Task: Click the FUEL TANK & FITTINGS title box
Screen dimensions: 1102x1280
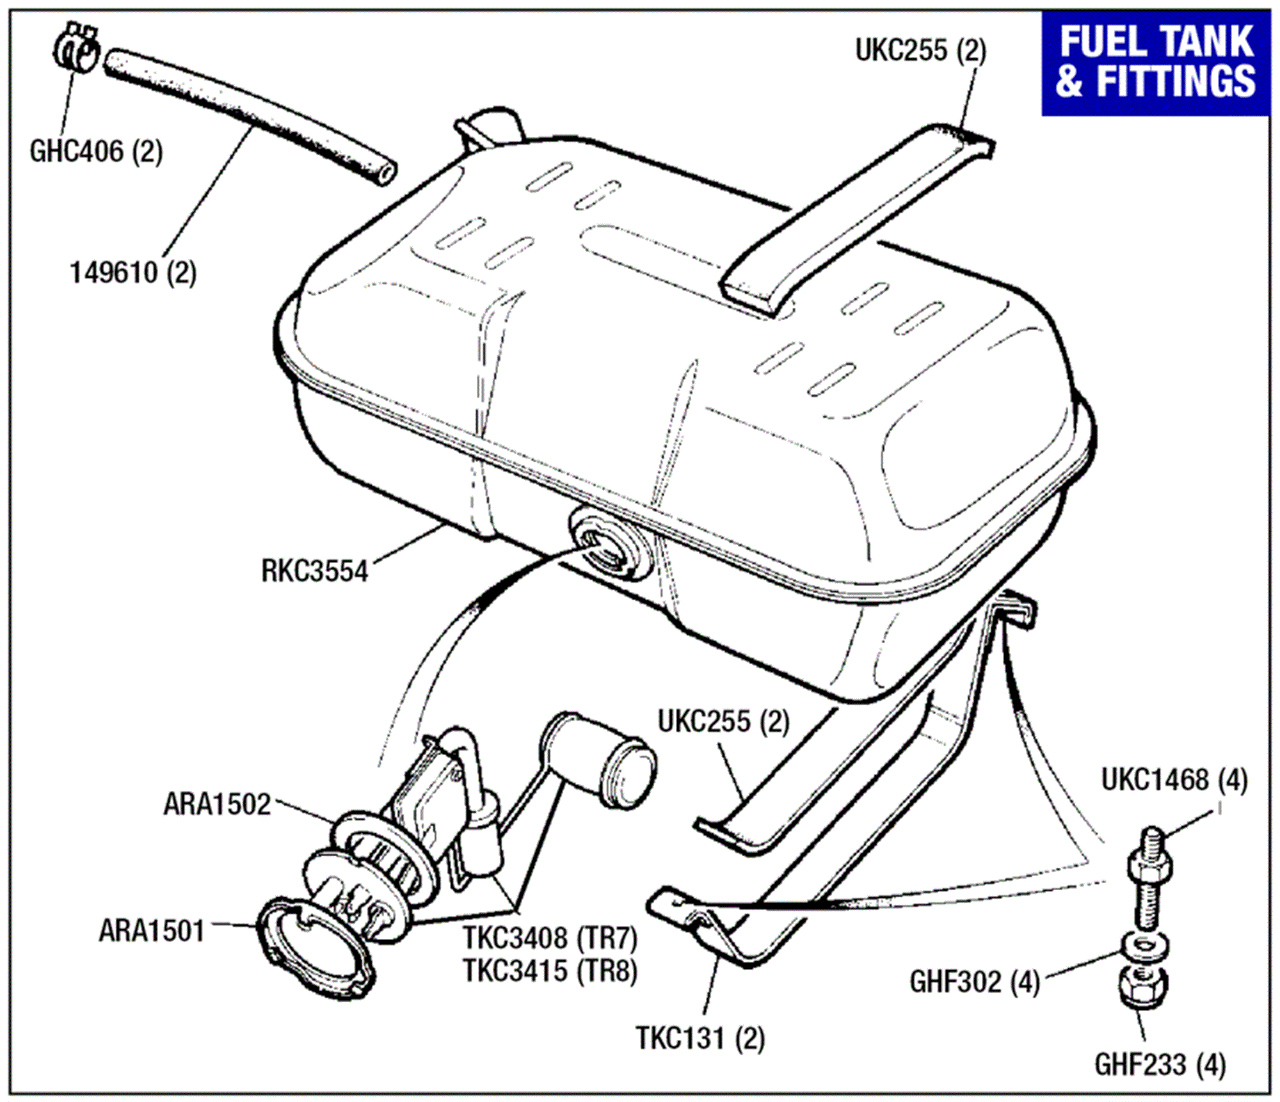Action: (1155, 63)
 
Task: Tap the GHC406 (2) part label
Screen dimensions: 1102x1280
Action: (96, 152)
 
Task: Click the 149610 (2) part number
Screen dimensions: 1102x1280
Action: (132, 273)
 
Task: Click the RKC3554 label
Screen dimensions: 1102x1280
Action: (314, 571)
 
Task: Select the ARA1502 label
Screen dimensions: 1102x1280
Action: (217, 804)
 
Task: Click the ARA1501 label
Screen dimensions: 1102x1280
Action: (152, 930)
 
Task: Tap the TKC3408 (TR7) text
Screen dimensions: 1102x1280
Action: (550, 939)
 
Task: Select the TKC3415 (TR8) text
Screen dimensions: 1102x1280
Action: (550, 971)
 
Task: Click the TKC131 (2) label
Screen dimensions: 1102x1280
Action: (700, 1038)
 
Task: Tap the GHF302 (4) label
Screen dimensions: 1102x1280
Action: (974, 982)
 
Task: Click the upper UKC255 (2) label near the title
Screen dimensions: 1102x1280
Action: (920, 50)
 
